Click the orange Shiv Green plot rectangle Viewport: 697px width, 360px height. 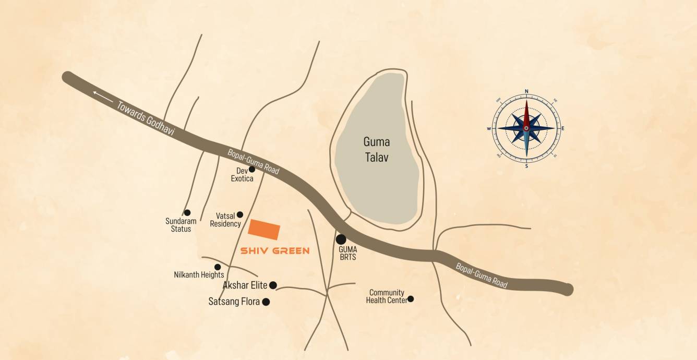(x=265, y=230)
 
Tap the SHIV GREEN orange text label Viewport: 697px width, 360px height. (x=275, y=251)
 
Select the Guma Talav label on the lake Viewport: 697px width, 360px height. (x=377, y=149)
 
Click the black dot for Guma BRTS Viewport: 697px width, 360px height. (x=341, y=239)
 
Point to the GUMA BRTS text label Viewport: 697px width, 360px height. (x=347, y=254)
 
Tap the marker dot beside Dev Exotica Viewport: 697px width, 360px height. (x=252, y=169)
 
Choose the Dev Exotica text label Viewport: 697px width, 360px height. (x=242, y=175)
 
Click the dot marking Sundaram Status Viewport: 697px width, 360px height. (x=187, y=212)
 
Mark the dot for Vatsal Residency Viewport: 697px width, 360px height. (x=240, y=214)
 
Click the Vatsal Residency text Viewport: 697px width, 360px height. (x=225, y=220)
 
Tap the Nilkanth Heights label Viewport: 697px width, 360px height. (x=199, y=275)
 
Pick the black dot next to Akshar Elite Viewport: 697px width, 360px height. (x=273, y=285)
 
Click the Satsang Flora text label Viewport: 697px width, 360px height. (x=234, y=302)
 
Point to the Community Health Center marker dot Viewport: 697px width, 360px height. (x=411, y=299)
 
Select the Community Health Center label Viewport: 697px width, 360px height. (x=387, y=296)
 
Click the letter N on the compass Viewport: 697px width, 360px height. (x=526, y=91)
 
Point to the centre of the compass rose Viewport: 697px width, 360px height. (x=526, y=128)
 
